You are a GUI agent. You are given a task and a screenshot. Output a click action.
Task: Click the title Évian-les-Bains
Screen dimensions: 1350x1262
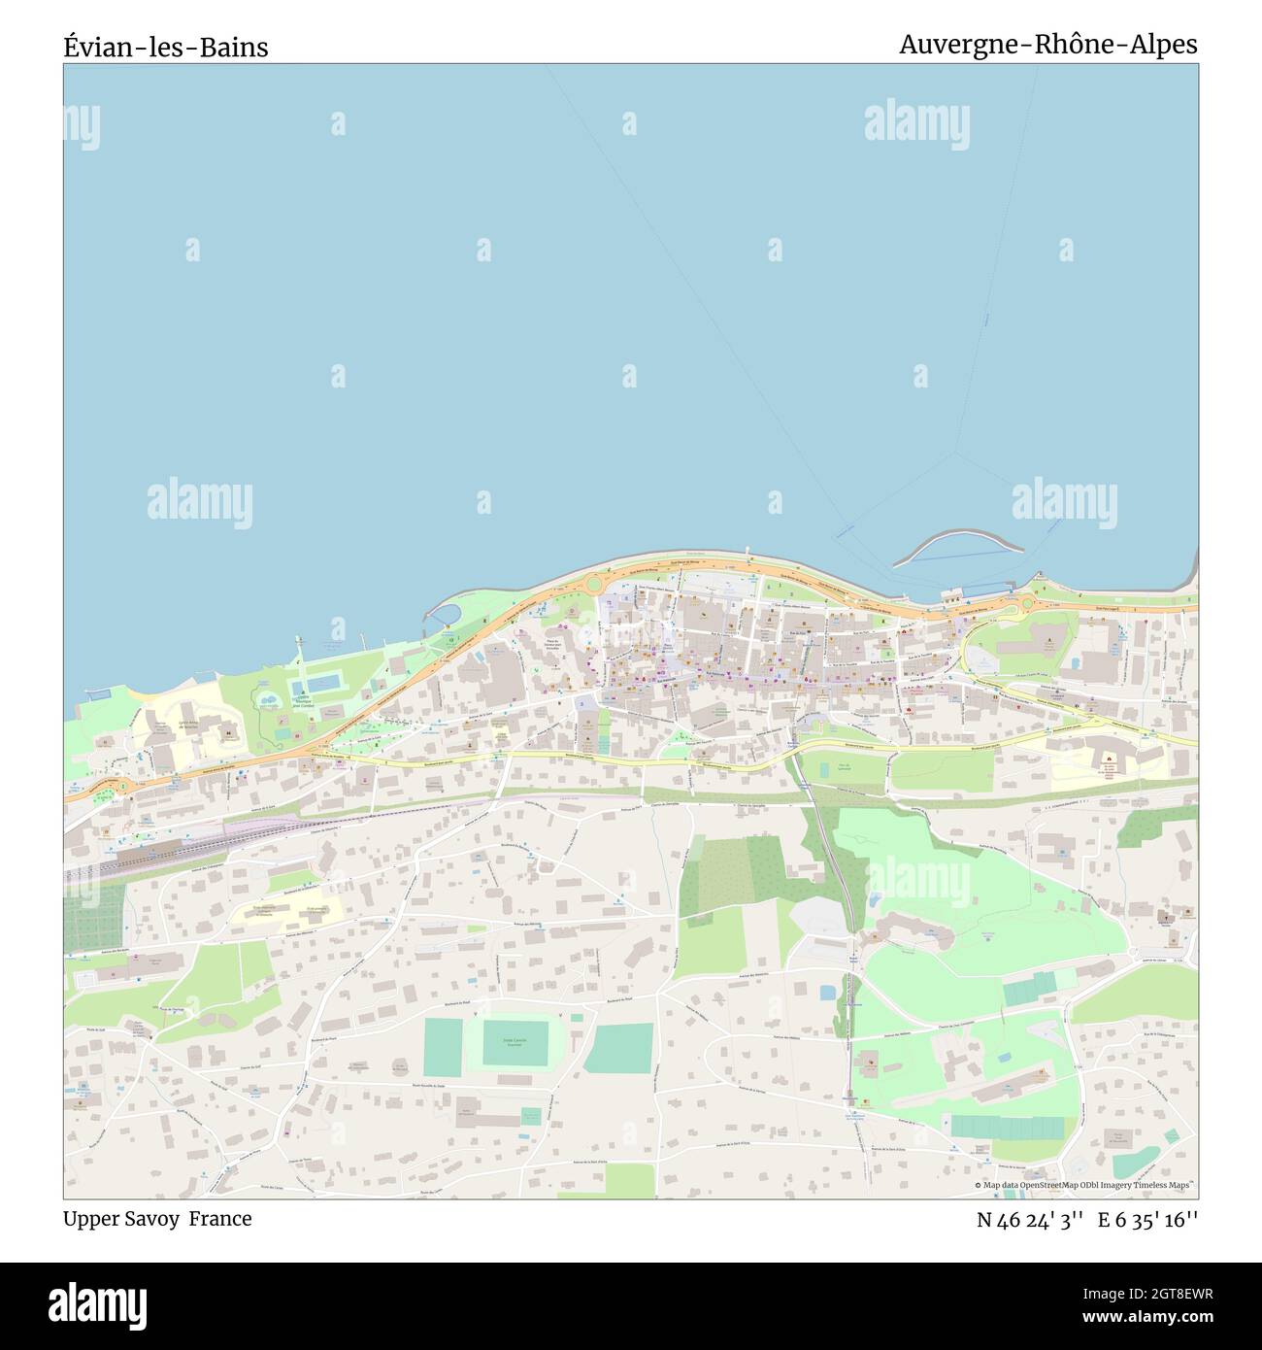click(x=166, y=47)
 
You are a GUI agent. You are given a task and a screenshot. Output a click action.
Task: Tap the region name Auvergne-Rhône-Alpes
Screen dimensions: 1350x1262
click(x=1047, y=45)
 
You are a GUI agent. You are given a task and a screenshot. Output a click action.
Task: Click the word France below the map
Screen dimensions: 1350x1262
click(x=220, y=1219)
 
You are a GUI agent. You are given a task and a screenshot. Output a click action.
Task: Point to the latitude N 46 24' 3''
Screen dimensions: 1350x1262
click(x=1030, y=1220)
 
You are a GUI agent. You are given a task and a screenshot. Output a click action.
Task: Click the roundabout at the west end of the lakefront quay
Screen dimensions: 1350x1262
click(x=593, y=584)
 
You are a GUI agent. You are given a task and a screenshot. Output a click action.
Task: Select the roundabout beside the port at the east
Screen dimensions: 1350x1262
click(x=1026, y=606)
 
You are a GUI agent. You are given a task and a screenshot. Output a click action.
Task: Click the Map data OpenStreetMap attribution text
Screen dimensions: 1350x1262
click(x=1082, y=1185)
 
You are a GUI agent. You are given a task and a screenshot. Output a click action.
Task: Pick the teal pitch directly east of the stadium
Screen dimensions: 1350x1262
click(x=618, y=1048)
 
